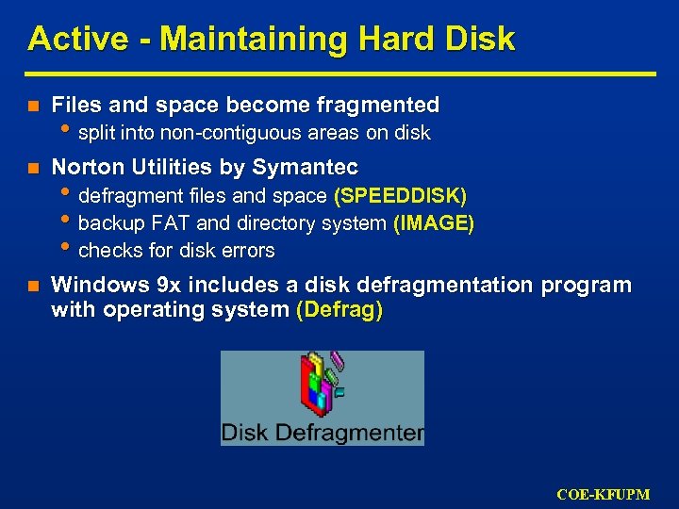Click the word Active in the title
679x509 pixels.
(63, 40)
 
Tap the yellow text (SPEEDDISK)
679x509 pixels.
(400, 196)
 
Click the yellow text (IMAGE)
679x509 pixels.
(434, 223)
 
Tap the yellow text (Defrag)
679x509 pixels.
(339, 311)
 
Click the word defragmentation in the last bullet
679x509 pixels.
(434, 286)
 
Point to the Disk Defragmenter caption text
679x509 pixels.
(322, 434)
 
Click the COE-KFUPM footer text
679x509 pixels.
(604, 494)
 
